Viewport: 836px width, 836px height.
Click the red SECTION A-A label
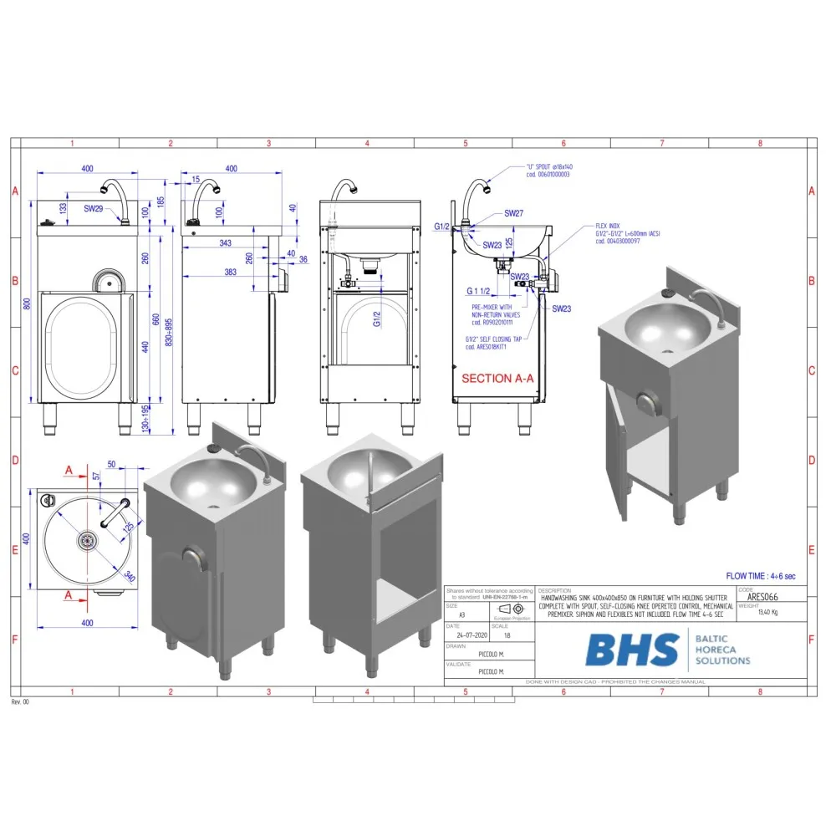pos(499,378)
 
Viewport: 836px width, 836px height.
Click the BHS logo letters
pos(632,650)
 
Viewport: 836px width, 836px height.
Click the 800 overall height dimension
pos(26,305)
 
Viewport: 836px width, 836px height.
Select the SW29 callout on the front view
pos(93,209)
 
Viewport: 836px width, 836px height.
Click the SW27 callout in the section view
pos(513,214)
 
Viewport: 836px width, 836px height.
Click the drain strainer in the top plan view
pos(85,541)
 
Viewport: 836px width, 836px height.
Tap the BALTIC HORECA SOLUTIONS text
pos(721,650)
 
